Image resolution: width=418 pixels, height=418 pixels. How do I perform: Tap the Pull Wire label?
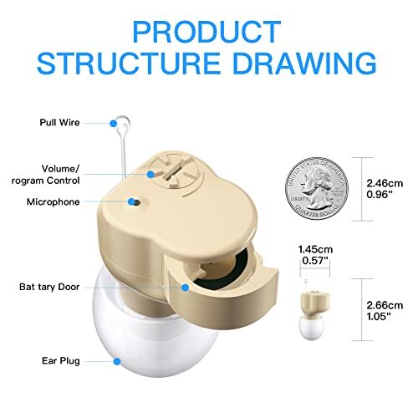point(59,123)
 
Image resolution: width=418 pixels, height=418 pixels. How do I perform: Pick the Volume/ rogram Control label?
point(54,174)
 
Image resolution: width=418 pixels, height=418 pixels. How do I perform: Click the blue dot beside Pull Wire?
point(114,123)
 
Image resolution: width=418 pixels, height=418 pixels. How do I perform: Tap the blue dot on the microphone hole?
point(131,201)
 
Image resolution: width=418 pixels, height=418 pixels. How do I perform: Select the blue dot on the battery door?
point(186,287)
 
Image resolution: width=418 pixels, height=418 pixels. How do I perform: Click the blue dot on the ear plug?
point(117,360)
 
